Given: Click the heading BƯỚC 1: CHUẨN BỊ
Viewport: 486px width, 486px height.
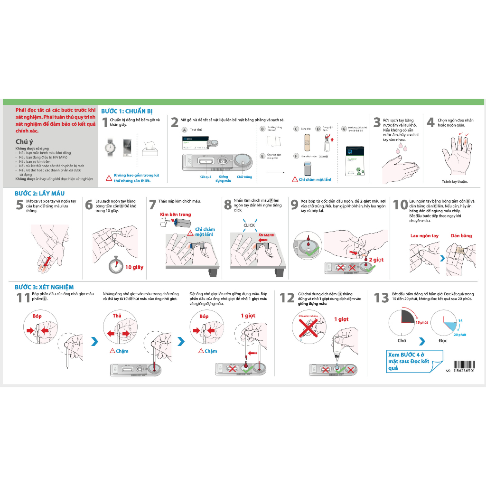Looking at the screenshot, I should click(x=127, y=111).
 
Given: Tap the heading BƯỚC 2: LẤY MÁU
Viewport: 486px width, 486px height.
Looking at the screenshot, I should click(x=39, y=194).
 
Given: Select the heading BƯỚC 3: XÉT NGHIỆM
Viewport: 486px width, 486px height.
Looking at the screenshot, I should click(x=44, y=287).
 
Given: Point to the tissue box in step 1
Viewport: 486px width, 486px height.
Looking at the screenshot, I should click(x=150, y=149).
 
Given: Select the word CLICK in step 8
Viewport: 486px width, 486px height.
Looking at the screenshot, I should click(x=249, y=225).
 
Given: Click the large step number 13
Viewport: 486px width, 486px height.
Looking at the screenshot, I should click(x=381, y=298).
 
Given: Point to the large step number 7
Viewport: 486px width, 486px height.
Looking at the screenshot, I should click(x=152, y=205).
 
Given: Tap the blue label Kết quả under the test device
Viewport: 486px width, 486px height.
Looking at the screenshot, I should click(x=206, y=177).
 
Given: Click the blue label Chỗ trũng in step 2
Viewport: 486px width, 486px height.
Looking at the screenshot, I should click(x=244, y=177).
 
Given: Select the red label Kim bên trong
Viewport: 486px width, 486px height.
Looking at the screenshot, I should click(x=175, y=215).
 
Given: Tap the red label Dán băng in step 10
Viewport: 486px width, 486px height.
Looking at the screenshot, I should click(x=461, y=236).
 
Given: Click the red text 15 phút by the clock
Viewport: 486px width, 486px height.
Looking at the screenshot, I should click(x=421, y=322).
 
